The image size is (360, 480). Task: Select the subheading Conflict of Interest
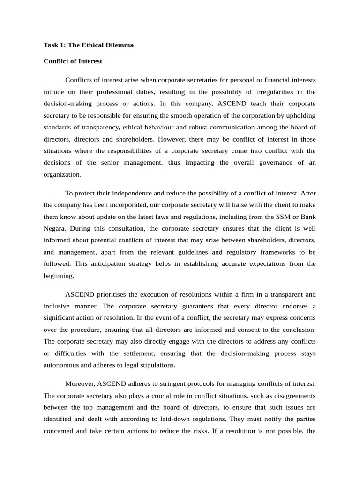pyautogui.click(x=73, y=61)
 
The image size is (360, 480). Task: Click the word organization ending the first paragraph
pyautogui.click(x=62, y=174)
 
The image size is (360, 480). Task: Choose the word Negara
pyautogui.click(x=55, y=228)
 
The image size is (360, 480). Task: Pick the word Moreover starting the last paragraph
pyautogui.click(x=81, y=384)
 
